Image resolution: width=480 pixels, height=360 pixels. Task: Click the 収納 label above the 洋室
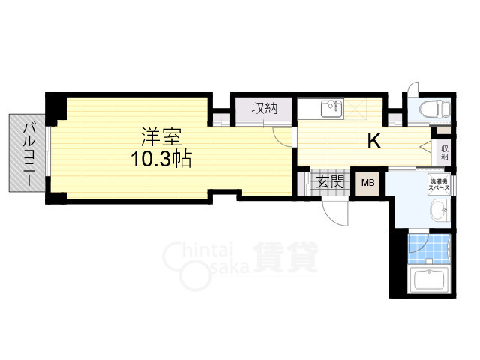[x=264, y=109]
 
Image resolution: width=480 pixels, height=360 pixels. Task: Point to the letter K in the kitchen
[x=373, y=141]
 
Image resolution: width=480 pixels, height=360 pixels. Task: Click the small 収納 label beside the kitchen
[x=444, y=152]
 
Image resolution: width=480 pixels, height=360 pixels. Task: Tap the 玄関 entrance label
[x=329, y=183]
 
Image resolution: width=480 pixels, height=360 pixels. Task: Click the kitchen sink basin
[x=331, y=109]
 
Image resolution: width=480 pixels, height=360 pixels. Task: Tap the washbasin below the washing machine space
[x=440, y=214]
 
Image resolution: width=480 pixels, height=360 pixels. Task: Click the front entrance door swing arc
[x=335, y=213]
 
